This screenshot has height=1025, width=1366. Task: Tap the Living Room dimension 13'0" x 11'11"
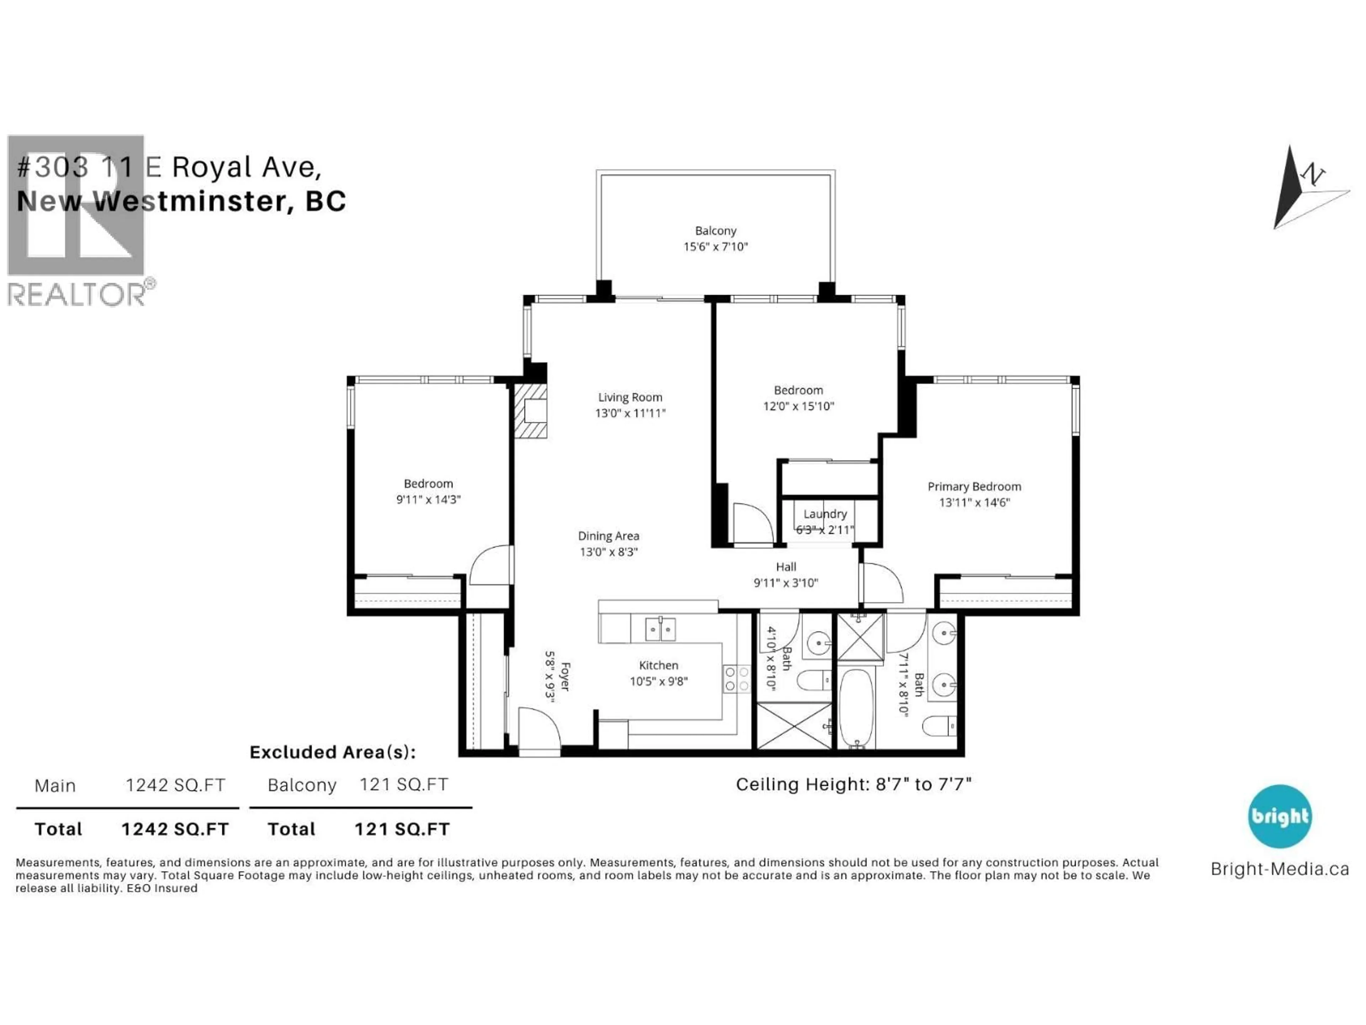tap(630, 413)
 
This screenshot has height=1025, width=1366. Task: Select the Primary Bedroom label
tap(974, 486)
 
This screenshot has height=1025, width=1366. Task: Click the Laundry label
tap(825, 514)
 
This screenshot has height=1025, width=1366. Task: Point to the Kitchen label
tap(658, 665)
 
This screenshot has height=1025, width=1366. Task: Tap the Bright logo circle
tap(1280, 816)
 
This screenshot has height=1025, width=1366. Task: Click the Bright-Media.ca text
tap(1280, 869)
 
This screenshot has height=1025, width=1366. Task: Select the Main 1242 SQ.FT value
tap(175, 785)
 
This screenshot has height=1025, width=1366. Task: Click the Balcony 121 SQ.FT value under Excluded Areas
tap(403, 785)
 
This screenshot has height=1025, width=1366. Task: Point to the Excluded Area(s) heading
tap(332, 752)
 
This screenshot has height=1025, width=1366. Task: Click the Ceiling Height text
tap(853, 784)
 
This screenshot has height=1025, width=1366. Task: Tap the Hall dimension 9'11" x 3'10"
tap(785, 582)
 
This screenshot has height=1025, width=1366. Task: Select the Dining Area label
tap(608, 536)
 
